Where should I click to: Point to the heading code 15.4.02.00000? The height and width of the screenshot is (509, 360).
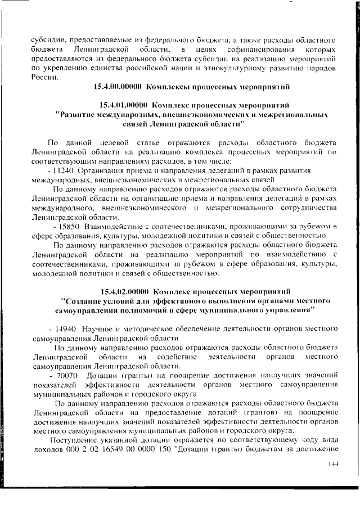pos(123,291)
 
